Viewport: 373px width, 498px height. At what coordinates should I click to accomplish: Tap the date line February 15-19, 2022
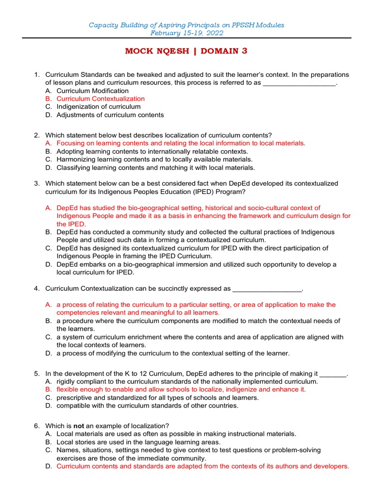[186, 33]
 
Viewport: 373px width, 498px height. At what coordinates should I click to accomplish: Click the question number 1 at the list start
[36, 74]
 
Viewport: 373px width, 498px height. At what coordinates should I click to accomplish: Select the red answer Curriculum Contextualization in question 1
[101, 99]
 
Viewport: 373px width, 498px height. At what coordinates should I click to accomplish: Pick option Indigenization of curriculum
[99, 107]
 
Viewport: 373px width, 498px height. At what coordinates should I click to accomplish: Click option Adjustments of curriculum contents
[110, 115]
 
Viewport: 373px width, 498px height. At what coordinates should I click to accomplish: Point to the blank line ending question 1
[299, 83]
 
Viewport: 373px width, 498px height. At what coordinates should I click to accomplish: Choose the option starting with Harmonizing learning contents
[154, 159]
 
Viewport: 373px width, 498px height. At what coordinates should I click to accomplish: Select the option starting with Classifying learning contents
[155, 167]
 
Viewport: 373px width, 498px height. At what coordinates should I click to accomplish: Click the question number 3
[36, 183]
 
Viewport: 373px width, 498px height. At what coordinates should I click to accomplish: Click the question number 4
[36, 288]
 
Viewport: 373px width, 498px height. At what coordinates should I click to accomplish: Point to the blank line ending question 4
[267, 289]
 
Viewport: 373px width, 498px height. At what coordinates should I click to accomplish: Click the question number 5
[36, 373]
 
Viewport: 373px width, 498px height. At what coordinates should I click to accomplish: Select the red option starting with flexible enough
[181, 390]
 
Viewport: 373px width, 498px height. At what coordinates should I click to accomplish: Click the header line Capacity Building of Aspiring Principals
[186, 25]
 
